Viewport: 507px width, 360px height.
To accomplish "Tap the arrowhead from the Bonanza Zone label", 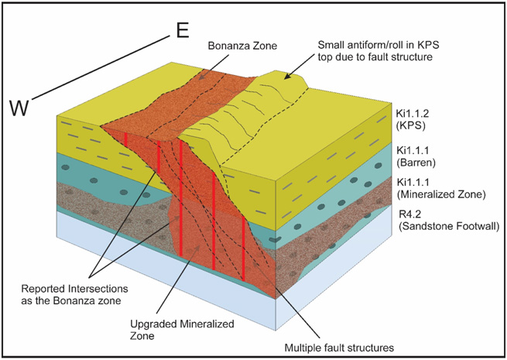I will click(204, 74).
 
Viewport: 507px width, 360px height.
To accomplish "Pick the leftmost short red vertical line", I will click(127, 139).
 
